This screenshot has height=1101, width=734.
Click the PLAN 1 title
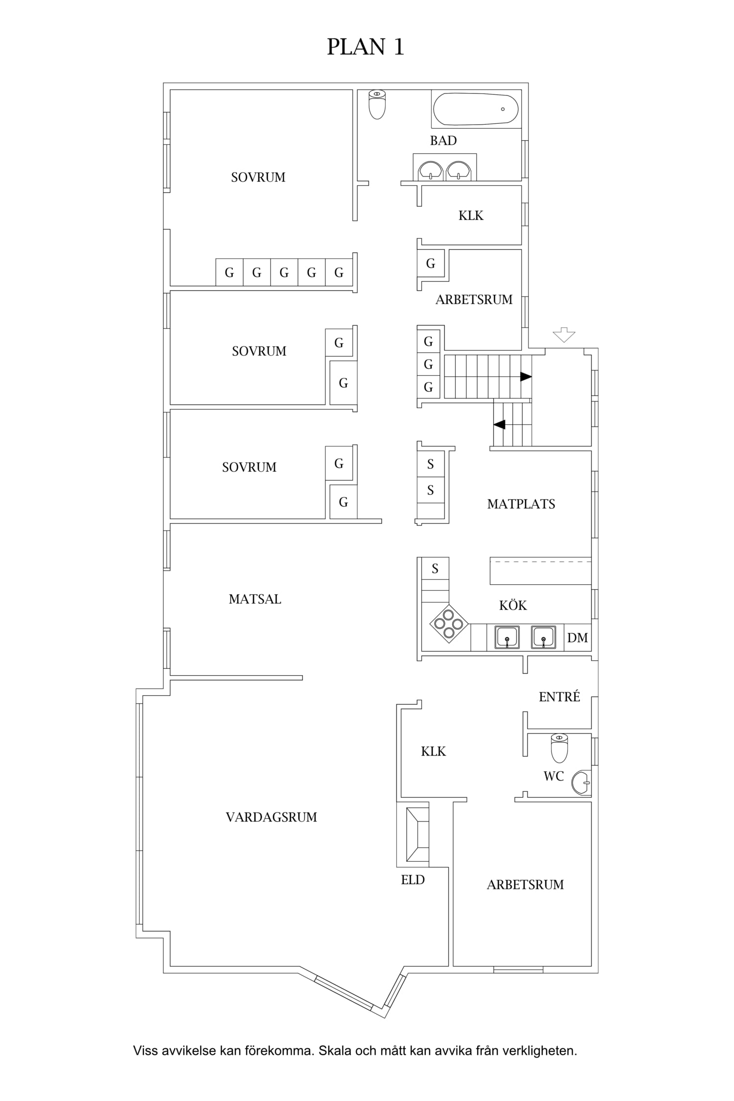[366, 47]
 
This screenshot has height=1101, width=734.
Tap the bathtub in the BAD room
[476, 109]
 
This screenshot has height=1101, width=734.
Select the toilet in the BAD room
[377, 104]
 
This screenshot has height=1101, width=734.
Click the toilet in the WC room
[559, 748]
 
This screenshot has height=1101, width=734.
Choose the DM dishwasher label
[577, 638]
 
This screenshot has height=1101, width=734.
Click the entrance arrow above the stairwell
[564, 335]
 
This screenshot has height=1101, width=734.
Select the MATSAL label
[255, 599]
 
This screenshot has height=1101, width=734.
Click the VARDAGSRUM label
[271, 817]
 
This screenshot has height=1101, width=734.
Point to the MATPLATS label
[521, 504]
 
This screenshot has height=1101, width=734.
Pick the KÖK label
[513, 605]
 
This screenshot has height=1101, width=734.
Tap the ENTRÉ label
[559, 696]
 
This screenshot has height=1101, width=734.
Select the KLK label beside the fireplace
[434, 751]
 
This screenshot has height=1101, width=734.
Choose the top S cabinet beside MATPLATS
[431, 464]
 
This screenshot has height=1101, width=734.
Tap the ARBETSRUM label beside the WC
[525, 885]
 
